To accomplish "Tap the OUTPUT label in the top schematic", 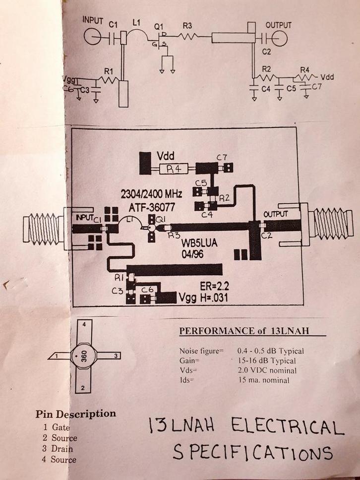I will pyautogui.click(x=278, y=24).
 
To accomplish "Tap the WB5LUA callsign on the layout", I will pyautogui.click(x=198, y=244).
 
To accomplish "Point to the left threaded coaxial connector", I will pyautogui.click(x=44, y=229).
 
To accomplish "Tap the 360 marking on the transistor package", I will pyautogui.click(x=84, y=357).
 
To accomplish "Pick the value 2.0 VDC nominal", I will pyautogui.click(x=267, y=370).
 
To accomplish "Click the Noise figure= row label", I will pyautogui.click(x=202, y=351).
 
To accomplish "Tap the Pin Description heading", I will pyautogui.click(x=75, y=414).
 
